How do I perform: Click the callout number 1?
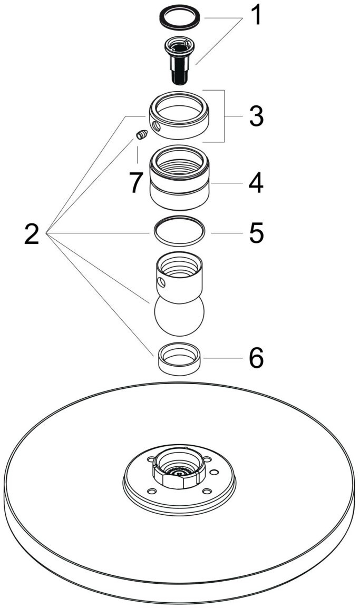click(255, 15)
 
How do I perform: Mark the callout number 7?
click(136, 183)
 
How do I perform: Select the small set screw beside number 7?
click(141, 135)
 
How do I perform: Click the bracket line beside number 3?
click(226, 116)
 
